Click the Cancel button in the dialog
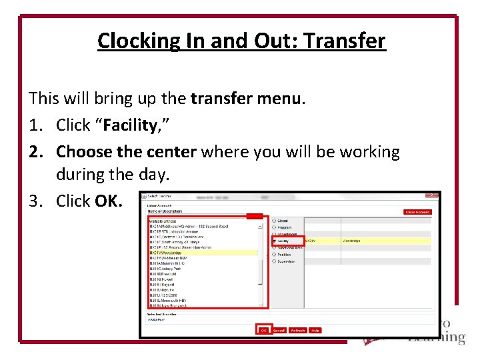pyautogui.click(x=279, y=330)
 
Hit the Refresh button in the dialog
pyautogui.click(x=298, y=330)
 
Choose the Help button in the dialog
pyautogui.click(x=315, y=330)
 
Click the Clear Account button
pyautogui.click(x=418, y=212)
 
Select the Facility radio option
pyautogui.click(x=274, y=241)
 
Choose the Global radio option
pyautogui.click(x=274, y=221)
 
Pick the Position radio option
pyautogui.click(x=274, y=254)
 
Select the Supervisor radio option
pyautogui.click(x=274, y=261)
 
